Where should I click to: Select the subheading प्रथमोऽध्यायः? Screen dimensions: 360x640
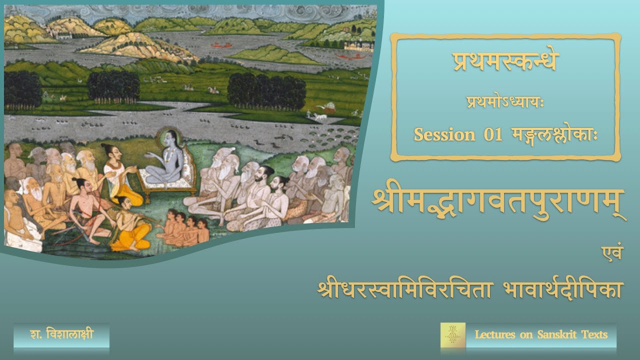tap(504, 104)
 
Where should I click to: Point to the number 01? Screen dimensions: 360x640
tap(492, 134)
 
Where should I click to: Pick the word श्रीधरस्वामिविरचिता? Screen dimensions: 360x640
tap(405, 289)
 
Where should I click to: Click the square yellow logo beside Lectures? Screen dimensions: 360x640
tap(452, 335)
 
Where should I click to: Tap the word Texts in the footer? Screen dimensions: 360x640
tap(594, 334)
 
